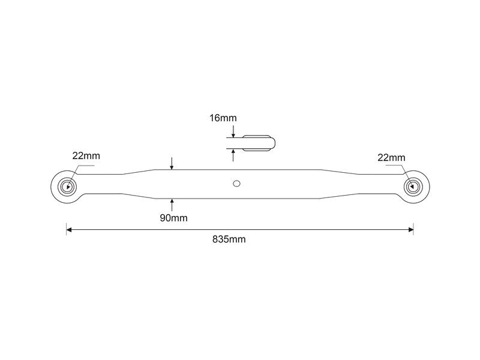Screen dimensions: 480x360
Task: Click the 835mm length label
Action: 229,239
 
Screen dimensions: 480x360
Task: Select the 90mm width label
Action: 173,218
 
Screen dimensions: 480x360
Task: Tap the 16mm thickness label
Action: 223,118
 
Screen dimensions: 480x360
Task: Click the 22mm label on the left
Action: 86,156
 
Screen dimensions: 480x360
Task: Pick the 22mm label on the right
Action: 391,158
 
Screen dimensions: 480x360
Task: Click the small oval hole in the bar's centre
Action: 236,184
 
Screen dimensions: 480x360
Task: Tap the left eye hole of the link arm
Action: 67,187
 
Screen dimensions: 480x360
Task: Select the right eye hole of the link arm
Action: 413,186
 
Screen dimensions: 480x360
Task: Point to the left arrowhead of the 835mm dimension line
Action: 69,230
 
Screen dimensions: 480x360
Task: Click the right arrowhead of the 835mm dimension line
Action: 411,230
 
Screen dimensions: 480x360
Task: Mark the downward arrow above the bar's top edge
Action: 172,163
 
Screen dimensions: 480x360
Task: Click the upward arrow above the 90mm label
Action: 172,205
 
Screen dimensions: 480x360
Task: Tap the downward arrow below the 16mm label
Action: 233,131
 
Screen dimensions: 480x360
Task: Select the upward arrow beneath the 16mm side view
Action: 233,155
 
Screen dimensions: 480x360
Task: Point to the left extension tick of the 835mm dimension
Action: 67,229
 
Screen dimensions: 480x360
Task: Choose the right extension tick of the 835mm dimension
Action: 413,229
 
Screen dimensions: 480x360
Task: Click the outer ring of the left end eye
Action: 51,187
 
